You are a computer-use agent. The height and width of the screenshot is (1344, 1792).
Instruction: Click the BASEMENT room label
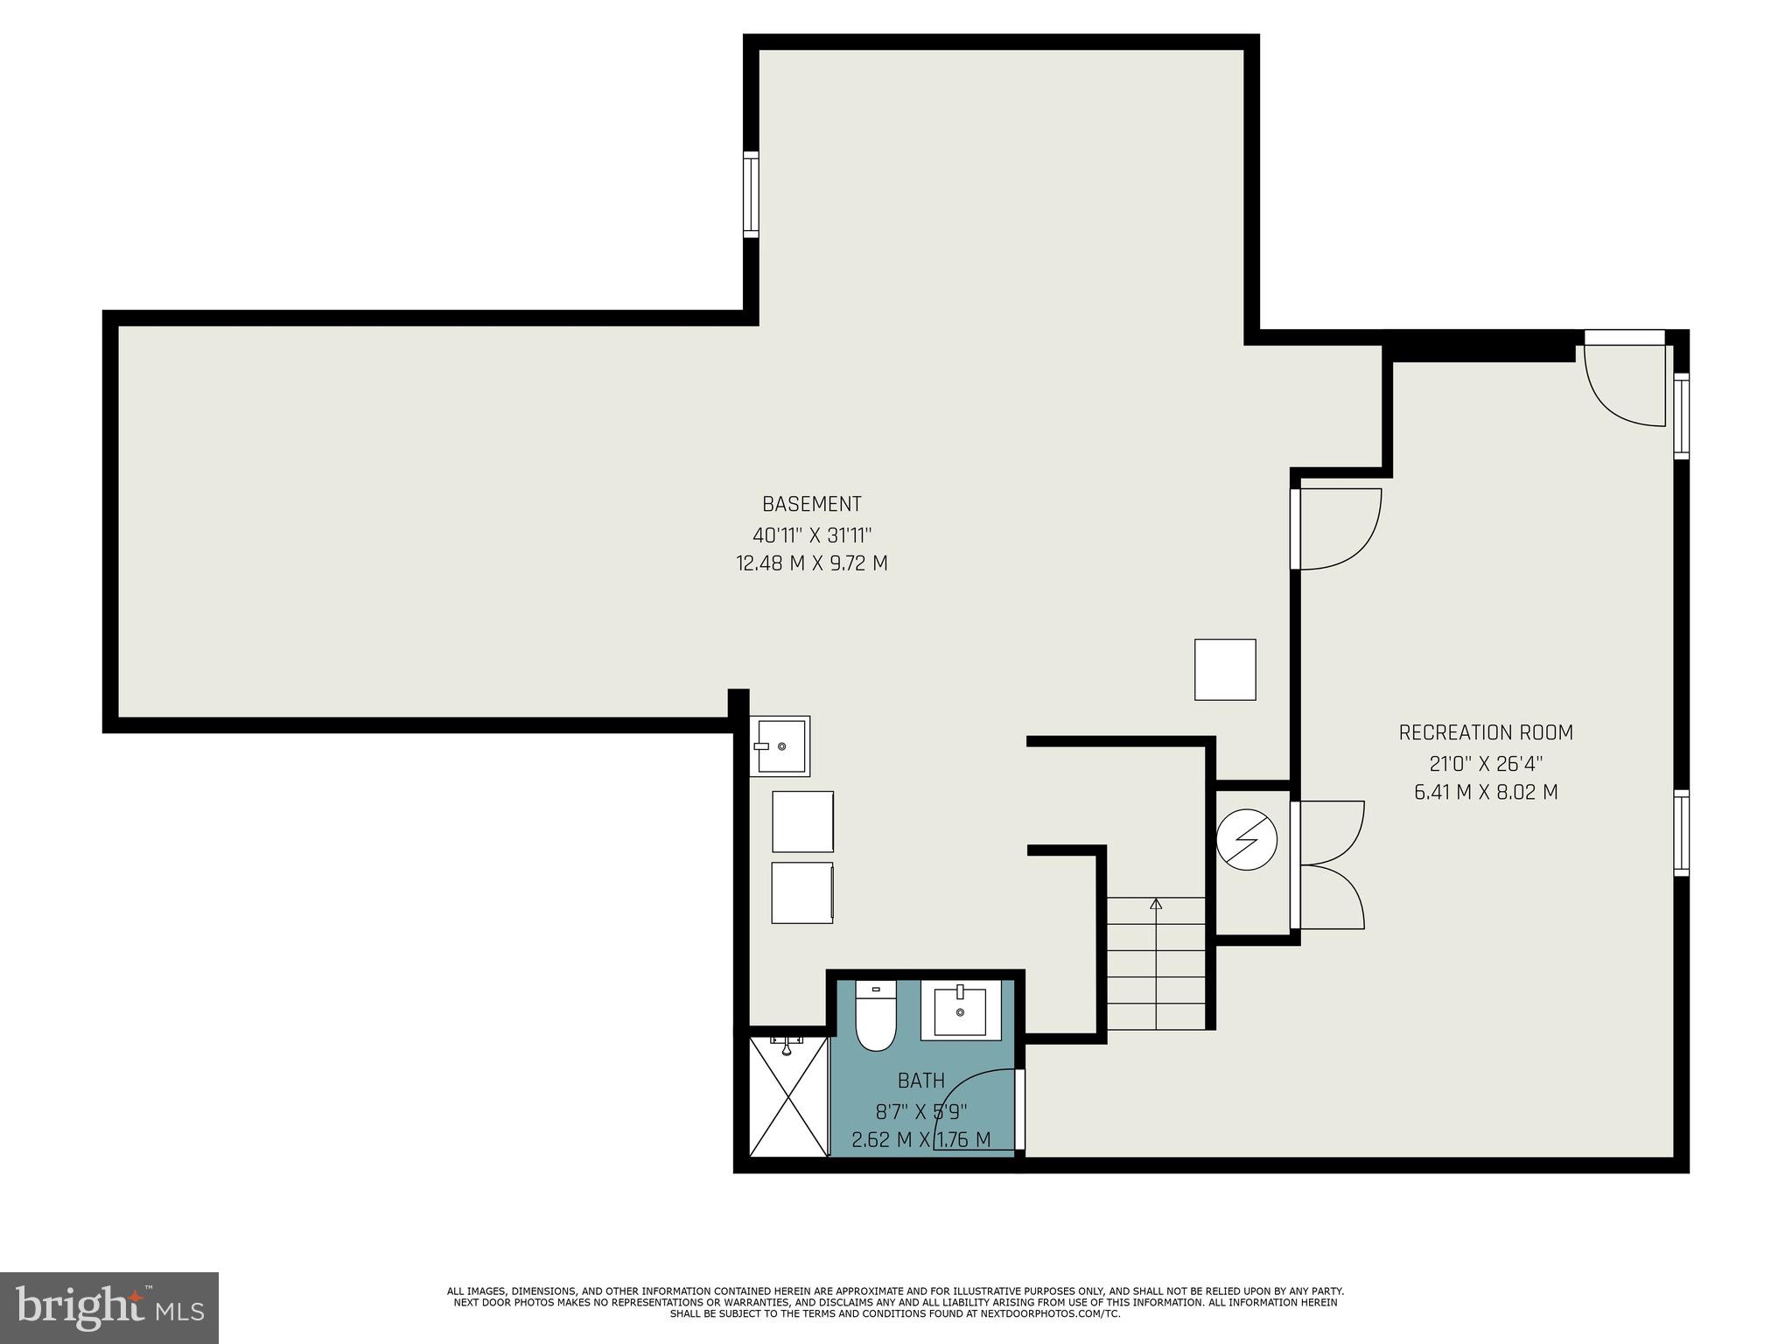point(811,504)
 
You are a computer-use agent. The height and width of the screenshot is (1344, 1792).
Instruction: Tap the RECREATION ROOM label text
point(1486,732)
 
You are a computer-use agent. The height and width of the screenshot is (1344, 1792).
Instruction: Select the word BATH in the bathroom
point(920,1081)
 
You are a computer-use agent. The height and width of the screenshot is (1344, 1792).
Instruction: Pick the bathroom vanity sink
point(960,1011)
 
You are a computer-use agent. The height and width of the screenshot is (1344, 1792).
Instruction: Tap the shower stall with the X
point(788,1096)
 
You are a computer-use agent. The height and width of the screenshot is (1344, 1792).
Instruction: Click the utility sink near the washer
point(780,745)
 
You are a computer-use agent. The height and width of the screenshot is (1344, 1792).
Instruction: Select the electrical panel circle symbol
point(1247,840)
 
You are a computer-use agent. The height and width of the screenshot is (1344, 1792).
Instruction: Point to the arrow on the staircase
point(1156,904)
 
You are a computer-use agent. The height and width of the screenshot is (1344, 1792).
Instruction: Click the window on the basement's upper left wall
point(751,193)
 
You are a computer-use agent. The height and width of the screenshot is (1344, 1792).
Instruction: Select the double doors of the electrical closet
point(1328,864)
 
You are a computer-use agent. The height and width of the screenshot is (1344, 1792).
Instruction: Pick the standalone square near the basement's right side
point(1225,669)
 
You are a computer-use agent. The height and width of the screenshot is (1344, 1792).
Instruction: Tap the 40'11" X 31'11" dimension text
point(811,535)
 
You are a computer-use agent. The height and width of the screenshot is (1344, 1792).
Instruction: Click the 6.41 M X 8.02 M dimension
point(1486,793)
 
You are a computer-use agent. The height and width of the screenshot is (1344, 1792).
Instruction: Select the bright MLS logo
point(109,1307)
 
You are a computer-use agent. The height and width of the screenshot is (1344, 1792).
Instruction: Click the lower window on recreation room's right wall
point(1681,832)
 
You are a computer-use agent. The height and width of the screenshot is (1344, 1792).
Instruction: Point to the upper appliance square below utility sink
point(802,821)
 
